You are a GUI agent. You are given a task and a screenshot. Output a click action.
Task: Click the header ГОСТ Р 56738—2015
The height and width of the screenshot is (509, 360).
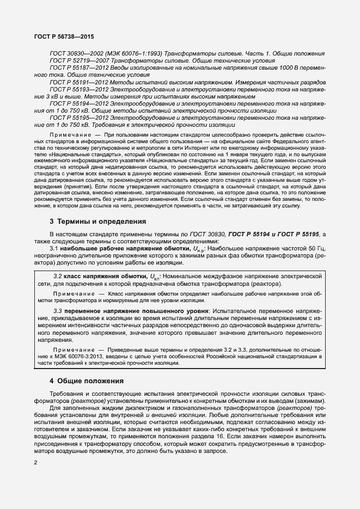pyautogui.click(x=56, y=38)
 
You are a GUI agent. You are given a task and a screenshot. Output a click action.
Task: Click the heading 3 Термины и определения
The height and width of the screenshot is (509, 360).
pyautogui.click(x=90, y=222)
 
